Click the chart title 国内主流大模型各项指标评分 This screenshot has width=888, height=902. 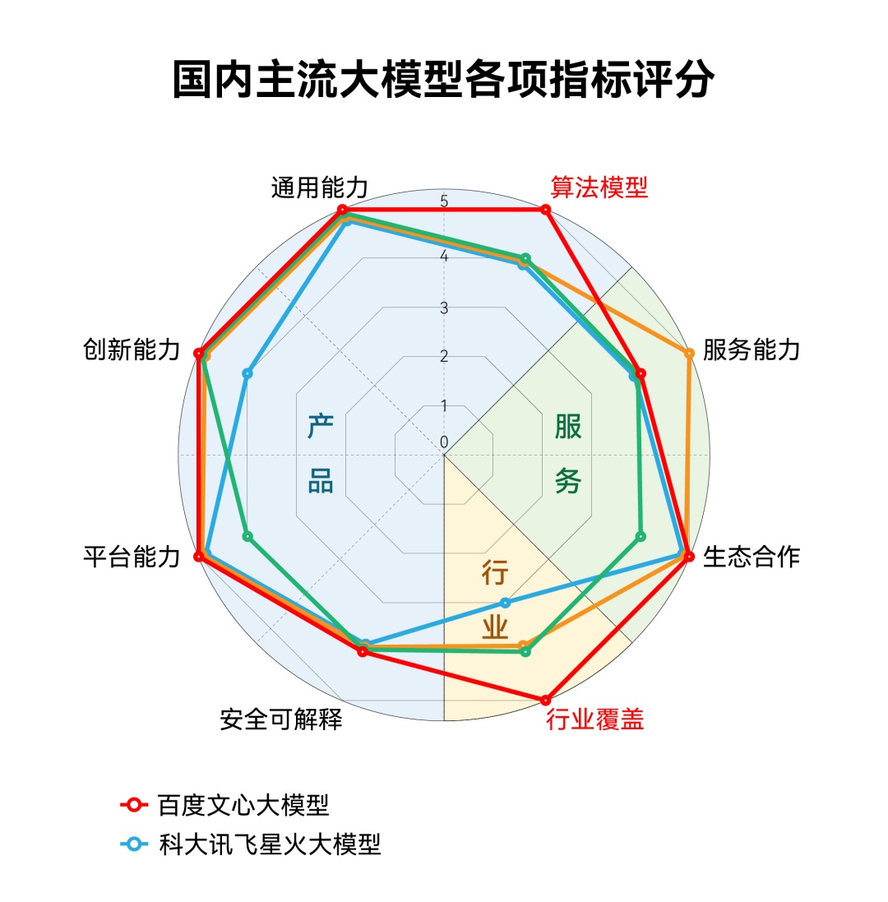coord(443,80)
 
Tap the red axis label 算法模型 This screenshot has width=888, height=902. coord(599,187)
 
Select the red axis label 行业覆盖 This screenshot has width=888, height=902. coord(595,720)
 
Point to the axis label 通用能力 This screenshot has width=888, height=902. coord(319,187)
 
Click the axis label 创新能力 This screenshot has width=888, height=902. coord(132,350)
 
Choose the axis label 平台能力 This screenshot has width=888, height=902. coord(132,557)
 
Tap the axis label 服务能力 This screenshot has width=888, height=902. coord(752,350)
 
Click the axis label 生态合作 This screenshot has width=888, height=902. coord(752,557)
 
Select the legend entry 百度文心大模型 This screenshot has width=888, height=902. coord(244,805)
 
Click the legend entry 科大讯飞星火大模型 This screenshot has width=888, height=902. coord(270,844)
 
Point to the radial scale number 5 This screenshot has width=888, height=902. coord(444,201)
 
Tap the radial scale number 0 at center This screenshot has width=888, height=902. coord(444,442)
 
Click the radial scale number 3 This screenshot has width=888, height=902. coord(444,308)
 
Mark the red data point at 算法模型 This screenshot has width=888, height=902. coord(545,210)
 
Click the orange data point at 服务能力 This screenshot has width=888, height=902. coord(689,354)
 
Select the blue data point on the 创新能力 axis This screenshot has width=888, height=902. coord(247,374)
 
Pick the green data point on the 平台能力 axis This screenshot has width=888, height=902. coord(247,537)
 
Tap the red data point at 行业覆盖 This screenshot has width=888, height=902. coord(545,701)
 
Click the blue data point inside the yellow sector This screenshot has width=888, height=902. coord(506,602)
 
